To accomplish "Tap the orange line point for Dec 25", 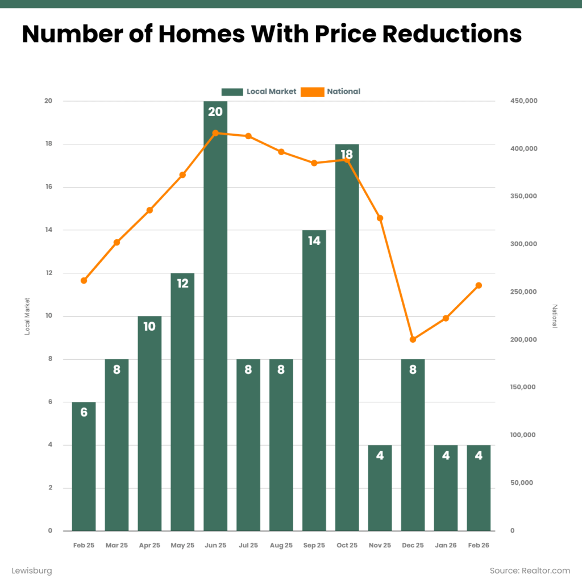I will (413, 339).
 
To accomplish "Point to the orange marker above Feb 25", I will (84, 280).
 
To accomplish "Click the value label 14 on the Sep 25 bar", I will (314, 240).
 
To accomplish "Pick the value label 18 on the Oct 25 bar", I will (347, 154).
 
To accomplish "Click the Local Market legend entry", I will (259, 92).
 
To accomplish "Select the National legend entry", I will (331, 92).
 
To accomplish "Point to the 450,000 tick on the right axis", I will (524, 101).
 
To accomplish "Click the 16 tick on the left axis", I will (48, 187).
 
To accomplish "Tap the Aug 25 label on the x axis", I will (281, 545).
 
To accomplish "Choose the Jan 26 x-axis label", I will (446, 545).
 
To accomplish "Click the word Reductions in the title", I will (452, 34).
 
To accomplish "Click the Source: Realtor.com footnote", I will (530, 570).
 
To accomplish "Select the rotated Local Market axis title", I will (27, 316).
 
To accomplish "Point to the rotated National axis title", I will (555, 316).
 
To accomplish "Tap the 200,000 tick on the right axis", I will (523, 340).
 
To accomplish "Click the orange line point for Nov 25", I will (380, 218).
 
